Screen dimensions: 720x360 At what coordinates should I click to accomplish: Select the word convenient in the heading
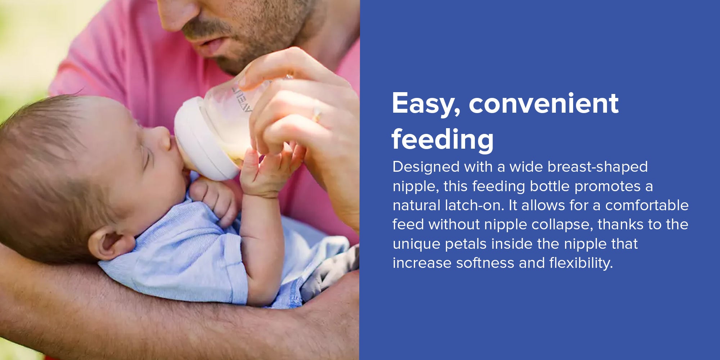click(x=544, y=104)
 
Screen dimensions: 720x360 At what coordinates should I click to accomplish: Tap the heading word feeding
click(x=443, y=140)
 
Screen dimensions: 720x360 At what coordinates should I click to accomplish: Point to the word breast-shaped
click(x=598, y=167)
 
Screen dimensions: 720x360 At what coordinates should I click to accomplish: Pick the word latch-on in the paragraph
click(x=474, y=205)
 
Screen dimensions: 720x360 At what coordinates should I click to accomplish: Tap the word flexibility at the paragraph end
click(x=581, y=263)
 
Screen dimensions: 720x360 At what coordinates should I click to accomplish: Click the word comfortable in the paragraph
click(x=647, y=205)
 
